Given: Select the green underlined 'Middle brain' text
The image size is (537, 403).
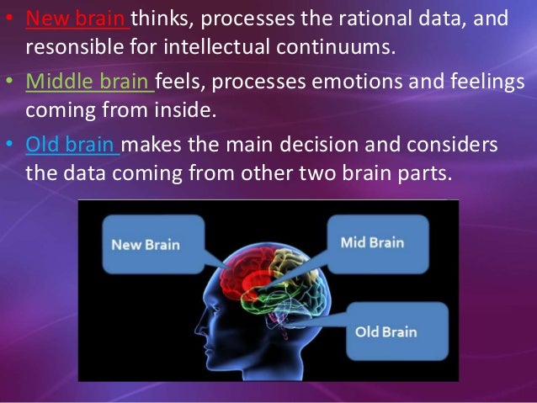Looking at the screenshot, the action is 88,82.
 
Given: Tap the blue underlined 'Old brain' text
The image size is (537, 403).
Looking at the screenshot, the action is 72,145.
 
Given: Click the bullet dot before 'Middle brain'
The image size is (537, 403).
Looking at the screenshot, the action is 11,82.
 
